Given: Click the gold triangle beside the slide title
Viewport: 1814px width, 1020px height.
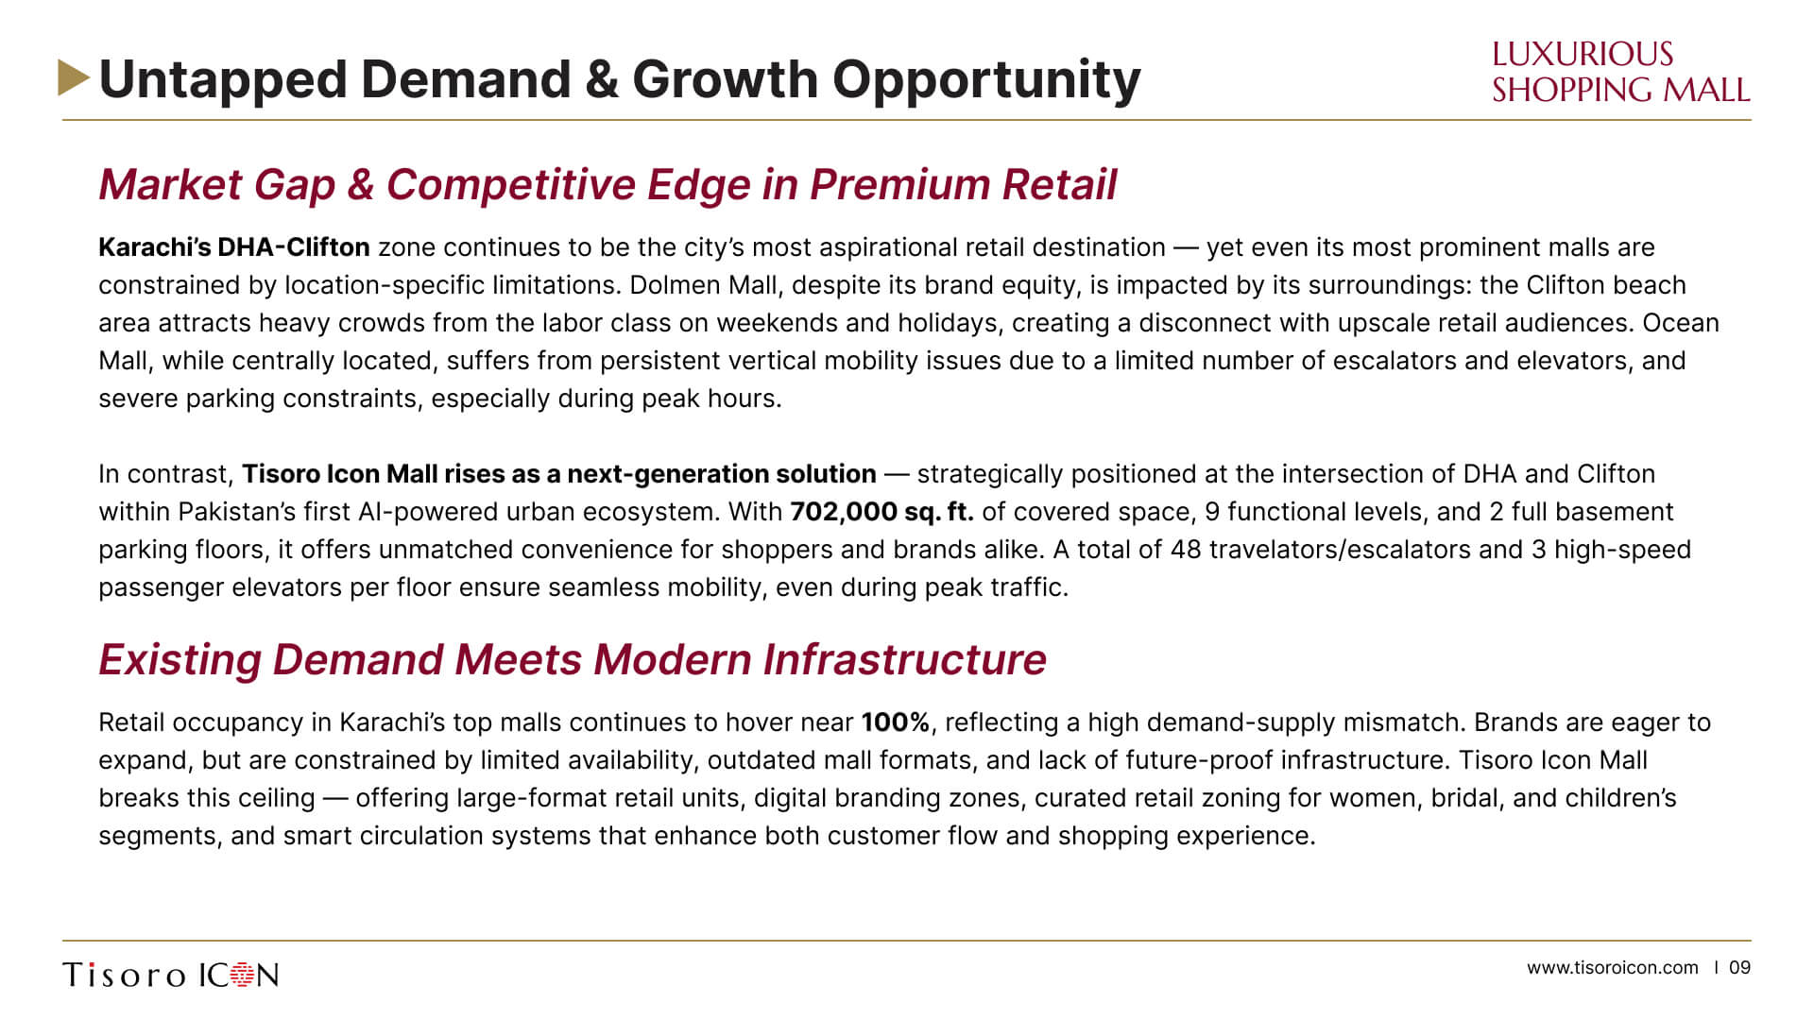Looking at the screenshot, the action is [73, 78].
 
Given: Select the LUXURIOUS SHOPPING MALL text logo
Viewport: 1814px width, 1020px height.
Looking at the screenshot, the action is [1620, 72].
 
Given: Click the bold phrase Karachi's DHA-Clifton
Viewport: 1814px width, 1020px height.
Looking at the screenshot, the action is [234, 247].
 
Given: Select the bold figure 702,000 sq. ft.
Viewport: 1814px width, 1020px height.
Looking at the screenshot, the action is [881, 512].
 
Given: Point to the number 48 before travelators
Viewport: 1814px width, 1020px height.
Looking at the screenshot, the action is [1185, 550].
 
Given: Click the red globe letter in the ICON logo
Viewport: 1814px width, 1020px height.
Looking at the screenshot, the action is [243, 975].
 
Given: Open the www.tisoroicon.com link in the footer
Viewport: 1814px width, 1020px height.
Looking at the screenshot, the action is [1612, 968].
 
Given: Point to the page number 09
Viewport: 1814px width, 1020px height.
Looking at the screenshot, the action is [1739, 968].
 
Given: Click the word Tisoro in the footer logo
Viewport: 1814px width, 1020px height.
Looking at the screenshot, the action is [124, 975].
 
